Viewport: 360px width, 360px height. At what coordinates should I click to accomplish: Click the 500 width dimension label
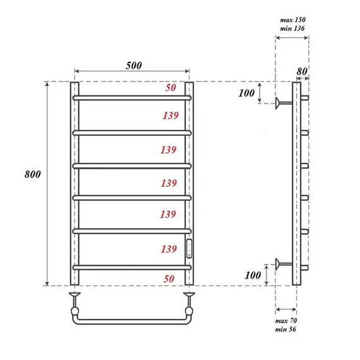coord(133,66)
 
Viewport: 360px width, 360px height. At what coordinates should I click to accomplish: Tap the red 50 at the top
coord(171,88)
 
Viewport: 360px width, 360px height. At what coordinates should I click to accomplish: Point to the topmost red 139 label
coord(169,116)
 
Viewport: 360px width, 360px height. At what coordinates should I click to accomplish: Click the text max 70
coord(287,322)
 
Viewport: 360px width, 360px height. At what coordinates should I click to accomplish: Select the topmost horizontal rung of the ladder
coord(133,99)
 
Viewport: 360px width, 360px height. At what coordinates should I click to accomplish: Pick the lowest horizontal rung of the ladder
coord(133,268)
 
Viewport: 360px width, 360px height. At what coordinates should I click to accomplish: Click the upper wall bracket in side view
coord(281,101)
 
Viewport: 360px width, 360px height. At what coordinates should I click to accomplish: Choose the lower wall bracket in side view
coord(281,263)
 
